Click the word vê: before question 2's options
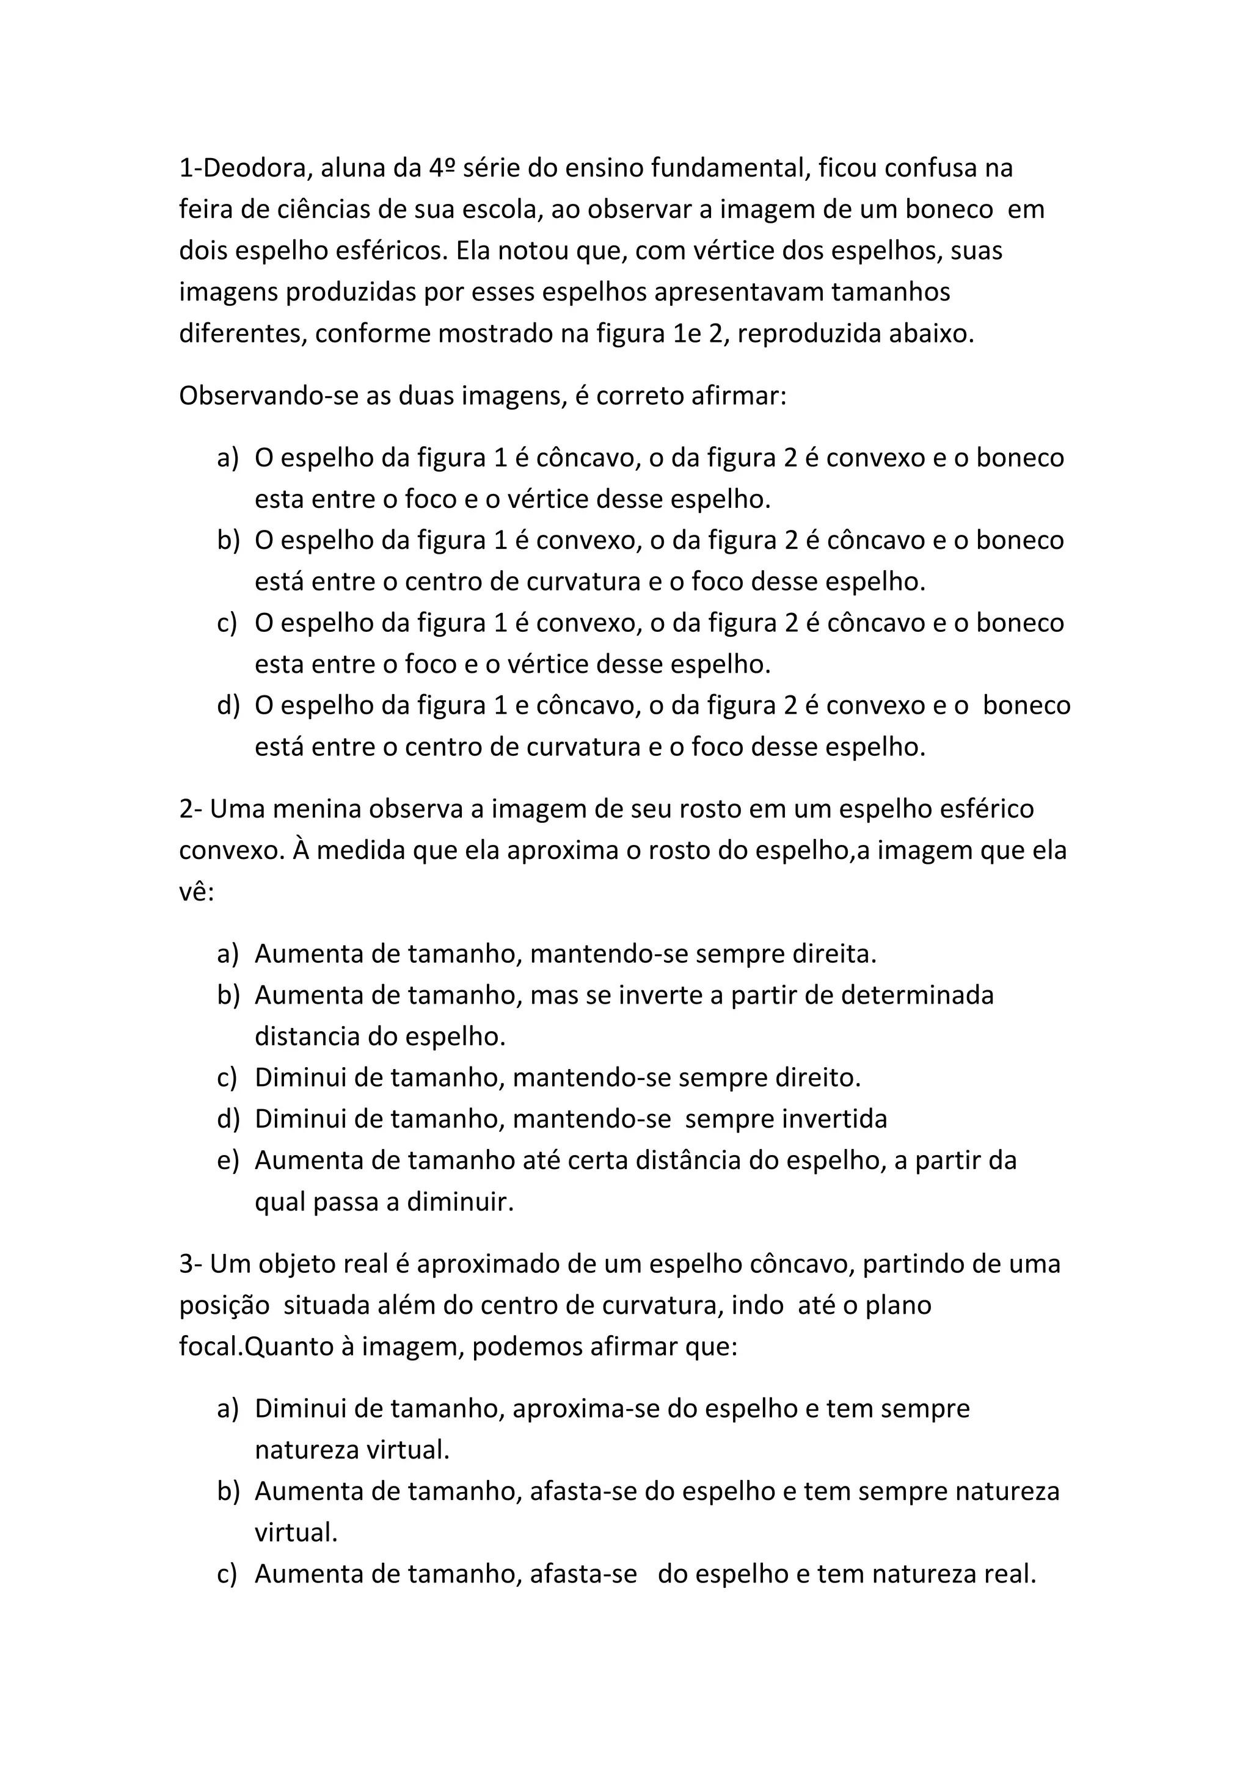tap(197, 892)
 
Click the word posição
tap(224, 1305)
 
